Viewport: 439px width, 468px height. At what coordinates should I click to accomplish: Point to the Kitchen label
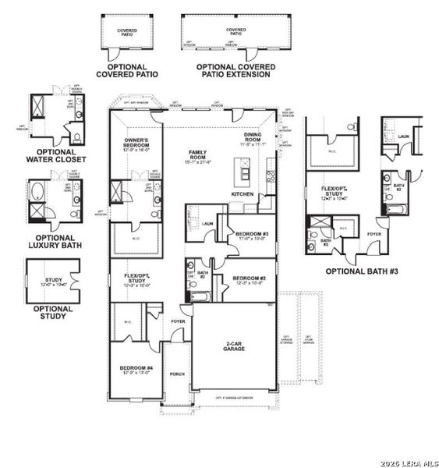[x=242, y=193]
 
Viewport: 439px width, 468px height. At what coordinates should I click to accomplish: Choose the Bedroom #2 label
[x=249, y=278]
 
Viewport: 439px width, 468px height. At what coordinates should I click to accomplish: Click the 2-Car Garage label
[x=233, y=346]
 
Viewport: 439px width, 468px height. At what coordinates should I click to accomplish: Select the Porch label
[x=177, y=374]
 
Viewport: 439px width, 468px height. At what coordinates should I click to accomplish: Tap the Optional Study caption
[x=53, y=312]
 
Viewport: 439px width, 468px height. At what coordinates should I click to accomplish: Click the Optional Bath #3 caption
[x=362, y=271]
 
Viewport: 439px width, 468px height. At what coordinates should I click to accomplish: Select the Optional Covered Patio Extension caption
[x=234, y=71]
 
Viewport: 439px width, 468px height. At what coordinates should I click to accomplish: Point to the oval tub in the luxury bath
[x=37, y=191]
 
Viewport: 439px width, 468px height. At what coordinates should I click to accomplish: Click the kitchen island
[x=243, y=167]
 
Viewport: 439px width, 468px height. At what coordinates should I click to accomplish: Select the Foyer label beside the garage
[x=179, y=321]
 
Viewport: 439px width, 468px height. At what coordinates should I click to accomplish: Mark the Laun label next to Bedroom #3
[x=208, y=224]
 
